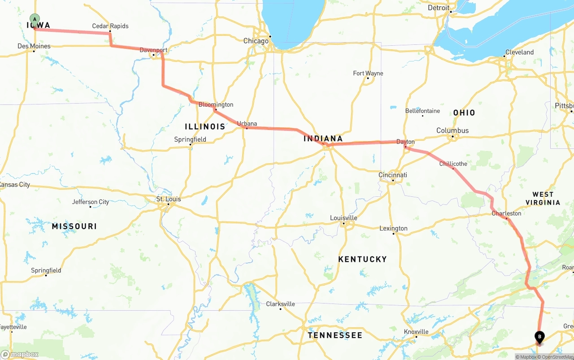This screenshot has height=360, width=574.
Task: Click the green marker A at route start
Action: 35,19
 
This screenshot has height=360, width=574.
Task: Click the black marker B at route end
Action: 539,336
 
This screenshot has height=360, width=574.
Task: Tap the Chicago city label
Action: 256,41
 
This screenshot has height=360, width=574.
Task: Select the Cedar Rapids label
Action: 110,26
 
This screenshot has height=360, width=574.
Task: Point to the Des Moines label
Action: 34,46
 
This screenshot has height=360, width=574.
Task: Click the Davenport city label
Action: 153,50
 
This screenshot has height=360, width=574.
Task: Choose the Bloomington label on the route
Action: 216,104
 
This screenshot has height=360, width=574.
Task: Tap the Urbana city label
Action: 247,123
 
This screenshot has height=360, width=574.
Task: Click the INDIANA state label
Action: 323,139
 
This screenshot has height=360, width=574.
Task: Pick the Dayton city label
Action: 405,142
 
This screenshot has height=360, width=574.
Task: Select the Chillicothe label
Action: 453,164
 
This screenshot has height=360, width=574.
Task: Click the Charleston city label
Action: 506,213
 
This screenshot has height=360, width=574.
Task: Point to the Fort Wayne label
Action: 368,73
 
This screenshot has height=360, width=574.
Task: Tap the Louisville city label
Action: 344,218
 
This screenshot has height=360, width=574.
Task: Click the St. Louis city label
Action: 169,199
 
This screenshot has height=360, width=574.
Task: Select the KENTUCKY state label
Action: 362,259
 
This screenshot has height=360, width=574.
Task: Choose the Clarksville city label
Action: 280,304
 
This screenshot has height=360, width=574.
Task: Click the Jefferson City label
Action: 91,202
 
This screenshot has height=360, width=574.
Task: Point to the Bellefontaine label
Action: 422,111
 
